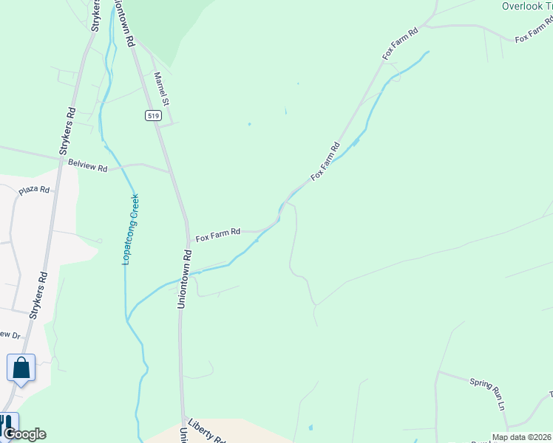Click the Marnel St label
(x=162, y=88)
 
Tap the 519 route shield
(x=152, y=116)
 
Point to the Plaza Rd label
(x=34, y=190)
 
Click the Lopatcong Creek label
(x=130, y=229)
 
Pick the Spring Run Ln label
(x=487, y=393)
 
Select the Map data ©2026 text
(x=521, y=438)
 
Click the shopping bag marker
(x=21, y=367)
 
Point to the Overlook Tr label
(x=527, y=6)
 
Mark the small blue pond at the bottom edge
(x=311, y=427)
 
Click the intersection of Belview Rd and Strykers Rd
(x=59, y=157)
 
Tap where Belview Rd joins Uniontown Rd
(x=169, y=171)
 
